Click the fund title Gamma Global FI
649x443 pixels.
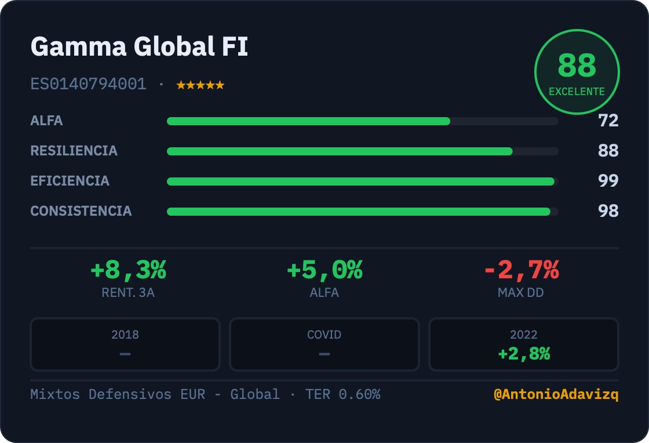click(x=139, y=46)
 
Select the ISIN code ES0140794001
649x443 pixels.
click(x=88, y=84)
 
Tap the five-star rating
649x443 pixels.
click(x=200, y=85)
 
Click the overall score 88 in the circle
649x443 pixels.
click(x=577, y=65)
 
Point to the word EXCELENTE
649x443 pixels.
click(x=577, y=92)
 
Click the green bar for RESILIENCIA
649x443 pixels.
click(x=340, y=151)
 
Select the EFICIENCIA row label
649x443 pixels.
click(x=70, y=181)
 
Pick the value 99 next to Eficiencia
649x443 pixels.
click(x=608, y=180)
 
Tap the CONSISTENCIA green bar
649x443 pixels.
click(x=359, y=212)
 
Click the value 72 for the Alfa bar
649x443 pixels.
click(x=608, y=121)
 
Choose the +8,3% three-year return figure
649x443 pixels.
click(x=128, y=270)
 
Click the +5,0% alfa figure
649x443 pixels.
click(x=324, y=270)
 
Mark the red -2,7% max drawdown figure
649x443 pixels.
click(x=522, y=270)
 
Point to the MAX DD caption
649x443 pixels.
click(x=521, y=293)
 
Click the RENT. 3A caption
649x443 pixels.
click(x=128, y=293)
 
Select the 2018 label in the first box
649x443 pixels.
click(x=125, y=335)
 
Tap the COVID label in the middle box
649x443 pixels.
click(x=324, y=335)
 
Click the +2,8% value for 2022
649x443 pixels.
click(x=524, y=354)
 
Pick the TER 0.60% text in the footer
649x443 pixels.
click(x=342, y=394)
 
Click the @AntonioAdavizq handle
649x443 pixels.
click(x=556, y=394)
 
